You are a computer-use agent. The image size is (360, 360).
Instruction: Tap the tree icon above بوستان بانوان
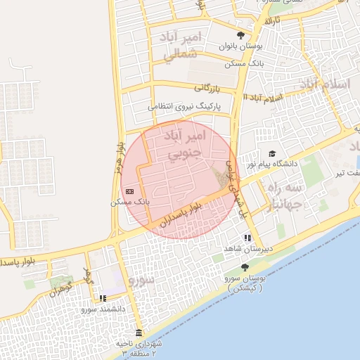(x=240, y=35)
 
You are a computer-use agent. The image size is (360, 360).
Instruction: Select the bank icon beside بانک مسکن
(x=129, y=191)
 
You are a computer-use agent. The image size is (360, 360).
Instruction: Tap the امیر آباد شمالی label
(x=182, y=46)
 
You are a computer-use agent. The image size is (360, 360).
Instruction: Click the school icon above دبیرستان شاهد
(x=247, y=238)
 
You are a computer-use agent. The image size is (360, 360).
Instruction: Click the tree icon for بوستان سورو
(x=244, y=267)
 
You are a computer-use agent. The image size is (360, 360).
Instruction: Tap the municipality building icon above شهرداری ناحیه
(x=138, y=333)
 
